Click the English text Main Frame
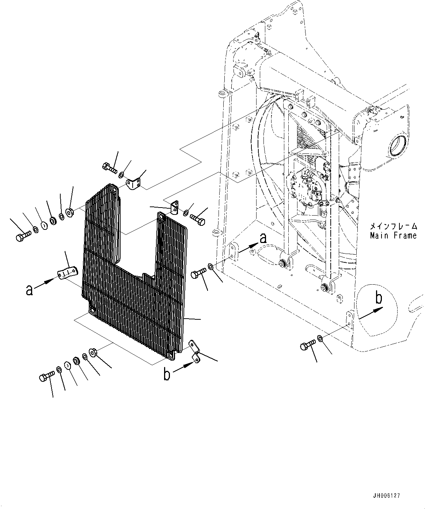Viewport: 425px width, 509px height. (393, 236)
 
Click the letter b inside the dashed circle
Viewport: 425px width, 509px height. (379, 298)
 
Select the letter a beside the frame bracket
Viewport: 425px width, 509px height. (262, 239)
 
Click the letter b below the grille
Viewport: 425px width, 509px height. (167, 375)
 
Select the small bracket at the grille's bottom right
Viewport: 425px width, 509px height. (194, 351)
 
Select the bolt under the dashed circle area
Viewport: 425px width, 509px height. (308, 344)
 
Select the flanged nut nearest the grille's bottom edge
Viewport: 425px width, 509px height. (92, 352)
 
